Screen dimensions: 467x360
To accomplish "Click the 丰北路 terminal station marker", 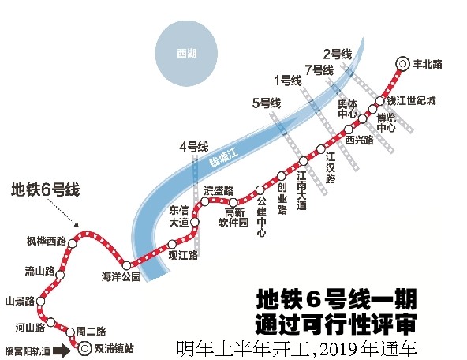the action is point(402,64).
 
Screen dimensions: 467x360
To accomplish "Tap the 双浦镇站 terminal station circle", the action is point(84,348).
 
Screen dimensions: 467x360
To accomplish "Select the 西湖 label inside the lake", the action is point(187,54).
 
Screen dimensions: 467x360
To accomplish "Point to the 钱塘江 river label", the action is point(223,157).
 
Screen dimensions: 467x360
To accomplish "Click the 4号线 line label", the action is point(194,147).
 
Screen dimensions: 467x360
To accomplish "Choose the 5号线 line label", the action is point(267,103).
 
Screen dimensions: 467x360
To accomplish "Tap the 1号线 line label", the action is point(288,81).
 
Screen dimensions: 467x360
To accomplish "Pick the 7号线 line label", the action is point(319,70).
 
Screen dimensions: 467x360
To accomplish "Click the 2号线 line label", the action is point(338,54).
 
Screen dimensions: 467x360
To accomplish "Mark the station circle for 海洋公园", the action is point(126,265).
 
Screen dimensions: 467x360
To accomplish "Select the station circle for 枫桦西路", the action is point(72,243).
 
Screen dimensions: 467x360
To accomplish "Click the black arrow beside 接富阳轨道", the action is point(62,351).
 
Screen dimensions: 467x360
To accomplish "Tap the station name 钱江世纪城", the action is point(411,100).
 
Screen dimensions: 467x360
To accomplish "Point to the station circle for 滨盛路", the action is point(205,202).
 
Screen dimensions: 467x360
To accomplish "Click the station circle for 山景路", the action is point(40,302).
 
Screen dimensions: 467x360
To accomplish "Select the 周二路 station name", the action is point(92,332).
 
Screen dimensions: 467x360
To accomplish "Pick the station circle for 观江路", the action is point(172,245).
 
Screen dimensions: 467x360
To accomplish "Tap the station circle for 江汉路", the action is point(320,148).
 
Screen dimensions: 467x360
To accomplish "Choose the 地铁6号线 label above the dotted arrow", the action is point(45,189).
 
